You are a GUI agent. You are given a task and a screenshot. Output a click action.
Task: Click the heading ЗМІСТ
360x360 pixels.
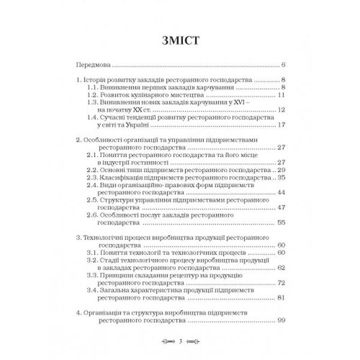(180, 41)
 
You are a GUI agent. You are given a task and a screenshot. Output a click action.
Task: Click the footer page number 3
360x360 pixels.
(180, 342)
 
